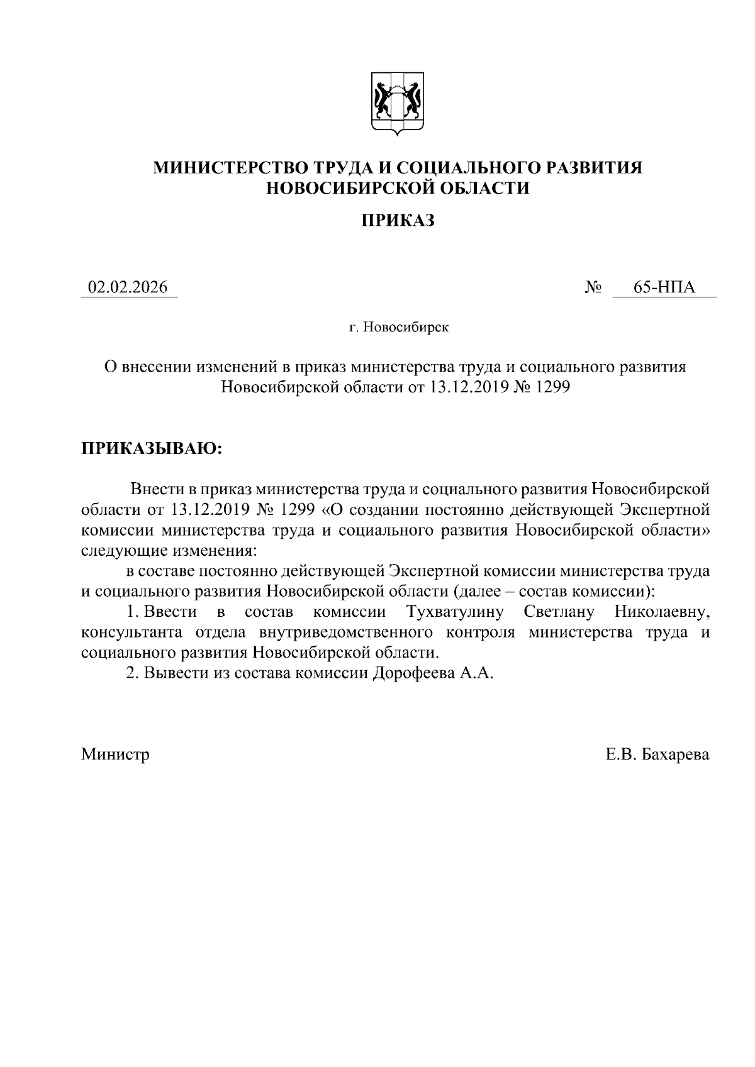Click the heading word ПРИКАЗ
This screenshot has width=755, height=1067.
coord(398,221)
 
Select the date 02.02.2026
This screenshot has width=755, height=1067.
coord(128,288)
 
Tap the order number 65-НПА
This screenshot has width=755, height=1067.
coord(664,288)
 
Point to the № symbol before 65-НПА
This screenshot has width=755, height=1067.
coord(593,289)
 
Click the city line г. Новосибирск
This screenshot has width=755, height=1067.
coord(400,328)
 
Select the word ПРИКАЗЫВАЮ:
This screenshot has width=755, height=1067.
coord(152,448)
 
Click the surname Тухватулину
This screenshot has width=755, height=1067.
coord(454,612)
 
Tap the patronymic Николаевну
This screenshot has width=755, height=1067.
coord(663,612)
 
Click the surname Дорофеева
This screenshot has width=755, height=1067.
coord(413,673)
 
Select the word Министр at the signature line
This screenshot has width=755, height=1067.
coord(115,755)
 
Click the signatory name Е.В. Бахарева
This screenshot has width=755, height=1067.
coord(657,755)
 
